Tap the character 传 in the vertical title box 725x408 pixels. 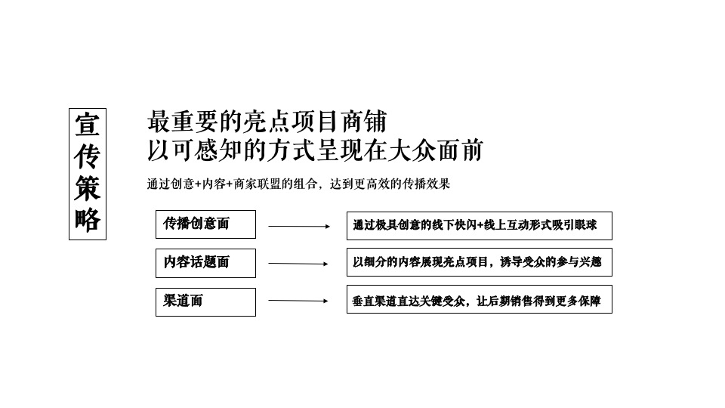88,156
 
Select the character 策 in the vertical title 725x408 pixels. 88,187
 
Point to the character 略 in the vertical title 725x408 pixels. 88,219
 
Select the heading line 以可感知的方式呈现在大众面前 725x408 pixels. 315,151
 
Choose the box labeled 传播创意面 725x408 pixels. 205,224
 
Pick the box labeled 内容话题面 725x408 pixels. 205,263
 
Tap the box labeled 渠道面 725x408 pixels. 205,301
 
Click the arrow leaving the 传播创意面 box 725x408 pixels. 299,226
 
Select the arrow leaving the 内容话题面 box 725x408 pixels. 299,264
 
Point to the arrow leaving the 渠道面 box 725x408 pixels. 299,301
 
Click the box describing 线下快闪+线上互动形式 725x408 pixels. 479,225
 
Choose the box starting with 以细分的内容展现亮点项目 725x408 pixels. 479,262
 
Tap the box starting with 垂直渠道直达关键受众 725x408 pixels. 479,300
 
